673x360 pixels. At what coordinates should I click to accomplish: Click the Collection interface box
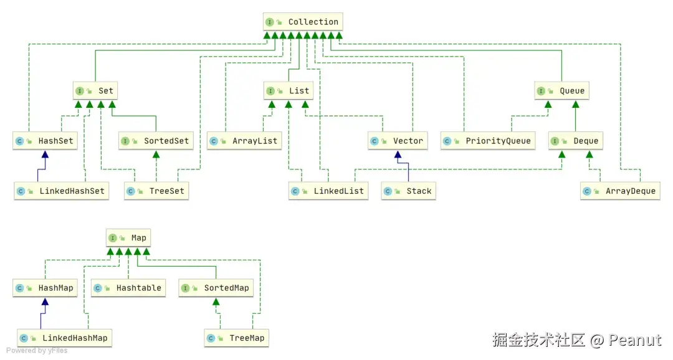click(x=303, y=22)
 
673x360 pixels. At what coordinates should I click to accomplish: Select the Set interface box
click(x=95, y=91)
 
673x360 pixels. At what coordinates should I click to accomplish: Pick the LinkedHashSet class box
click(x=62, y=191)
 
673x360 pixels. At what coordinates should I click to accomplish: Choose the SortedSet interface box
click(x=156, y=141)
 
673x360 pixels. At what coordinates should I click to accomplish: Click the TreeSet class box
click(x=156, y=191)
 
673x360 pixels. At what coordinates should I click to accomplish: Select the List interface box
click(x=289, y=91)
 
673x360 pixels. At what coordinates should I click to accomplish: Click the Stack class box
click(x=409, y=191)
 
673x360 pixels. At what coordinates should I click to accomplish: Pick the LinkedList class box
click(x=329, y=191)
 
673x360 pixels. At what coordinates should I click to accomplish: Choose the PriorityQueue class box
click(x=488, y=141)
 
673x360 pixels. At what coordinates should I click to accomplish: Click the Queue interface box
click(x=562, y=91)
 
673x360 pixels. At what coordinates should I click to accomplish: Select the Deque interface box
click(x=576, y=141)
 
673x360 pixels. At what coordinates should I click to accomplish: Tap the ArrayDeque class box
click(x=620, y=191)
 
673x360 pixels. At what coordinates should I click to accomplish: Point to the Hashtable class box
click(x=128, y=288)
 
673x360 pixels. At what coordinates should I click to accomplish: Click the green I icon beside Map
click(x=112, y=238)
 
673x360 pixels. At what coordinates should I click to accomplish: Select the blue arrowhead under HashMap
click(x=44, y=301)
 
